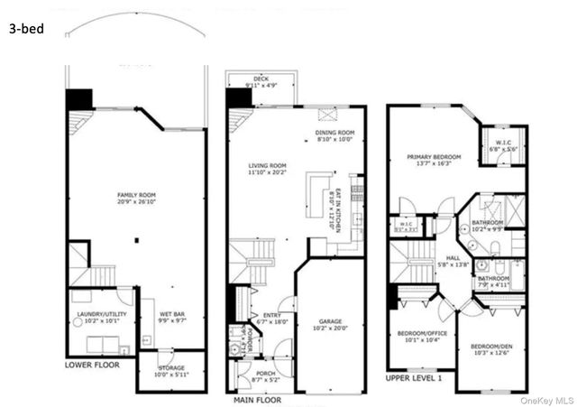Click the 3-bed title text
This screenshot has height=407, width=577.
tap(26, 29)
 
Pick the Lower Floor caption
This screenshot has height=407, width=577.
tap(92, 366)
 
